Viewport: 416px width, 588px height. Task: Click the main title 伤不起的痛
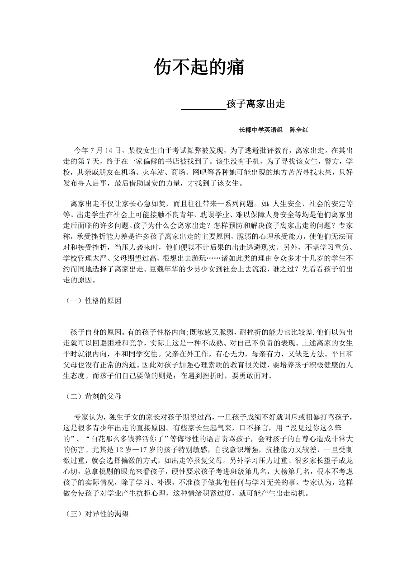[199, 67]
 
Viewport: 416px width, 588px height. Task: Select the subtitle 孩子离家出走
[255, 104]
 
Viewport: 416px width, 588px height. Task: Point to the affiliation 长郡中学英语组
[261, 130]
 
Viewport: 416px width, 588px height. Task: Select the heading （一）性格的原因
[92, 301]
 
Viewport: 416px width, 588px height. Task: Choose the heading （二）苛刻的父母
[92, 396]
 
